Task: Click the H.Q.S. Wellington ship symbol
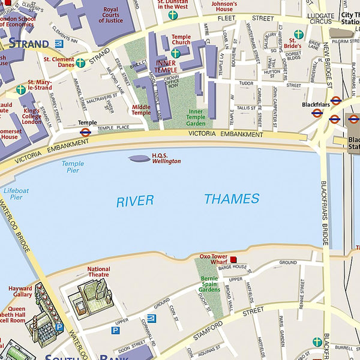[139, 158]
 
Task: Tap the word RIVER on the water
[135, 202]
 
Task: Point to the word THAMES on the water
[232, 199]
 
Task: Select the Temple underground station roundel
[85, 133]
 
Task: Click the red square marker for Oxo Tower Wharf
[233, 259]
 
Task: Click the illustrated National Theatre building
[91, 296]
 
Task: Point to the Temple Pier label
[73, 167]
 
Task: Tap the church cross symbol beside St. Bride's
[298, 34]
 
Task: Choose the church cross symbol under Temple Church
[175, 53]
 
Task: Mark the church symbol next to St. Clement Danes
[80, 62]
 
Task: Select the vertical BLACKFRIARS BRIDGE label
[325, 213]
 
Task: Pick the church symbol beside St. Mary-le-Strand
[21, 89]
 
